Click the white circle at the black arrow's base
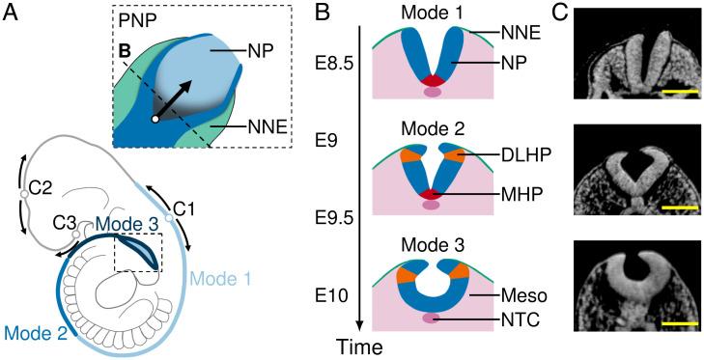click(155, 120)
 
